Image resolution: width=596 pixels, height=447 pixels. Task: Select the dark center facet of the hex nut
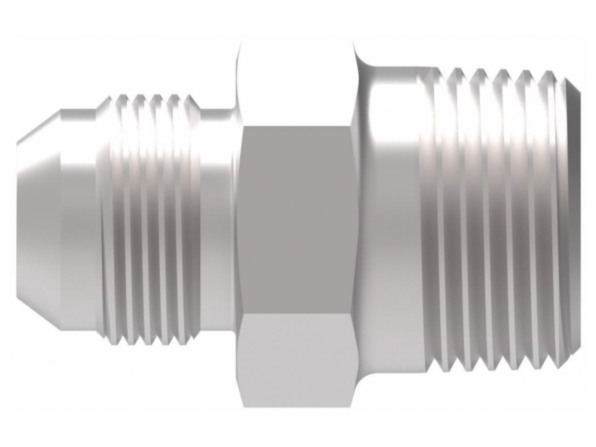click(x=297, y=219)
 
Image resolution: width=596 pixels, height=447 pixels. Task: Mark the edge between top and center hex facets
click(x=297, y=125)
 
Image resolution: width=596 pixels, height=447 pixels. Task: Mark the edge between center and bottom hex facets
click(x=297, y=313)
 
